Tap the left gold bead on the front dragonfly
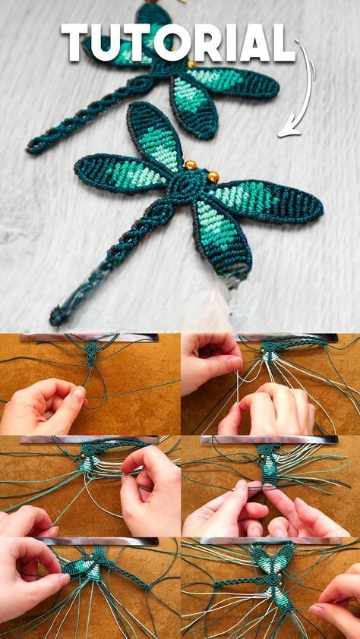coord(190,165)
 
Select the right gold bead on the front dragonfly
coord(213,177)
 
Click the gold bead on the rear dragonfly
coord(191,64)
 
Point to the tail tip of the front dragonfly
coord(56,316)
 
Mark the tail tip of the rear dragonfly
coord(33,147)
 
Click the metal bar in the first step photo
coord(90,338)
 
